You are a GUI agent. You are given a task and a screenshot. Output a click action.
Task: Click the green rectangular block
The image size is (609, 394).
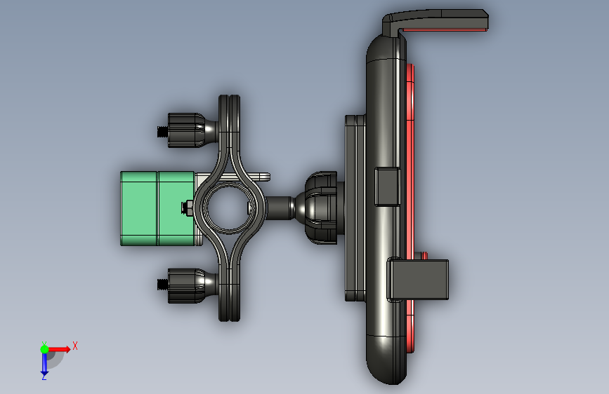point(157,209)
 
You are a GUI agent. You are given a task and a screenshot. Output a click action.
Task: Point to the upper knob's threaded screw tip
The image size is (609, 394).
point(163,132)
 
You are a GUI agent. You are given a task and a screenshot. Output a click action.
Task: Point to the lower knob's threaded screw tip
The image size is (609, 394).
point(163,285)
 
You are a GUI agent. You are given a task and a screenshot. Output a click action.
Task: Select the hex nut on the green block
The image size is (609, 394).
point(188,208)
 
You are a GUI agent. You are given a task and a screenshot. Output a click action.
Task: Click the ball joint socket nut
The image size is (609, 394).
point(321,208)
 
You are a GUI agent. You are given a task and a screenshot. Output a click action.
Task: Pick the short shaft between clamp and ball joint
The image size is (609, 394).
point(280,208)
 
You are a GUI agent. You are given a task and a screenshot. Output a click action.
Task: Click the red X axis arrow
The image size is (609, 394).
point(58,349)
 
